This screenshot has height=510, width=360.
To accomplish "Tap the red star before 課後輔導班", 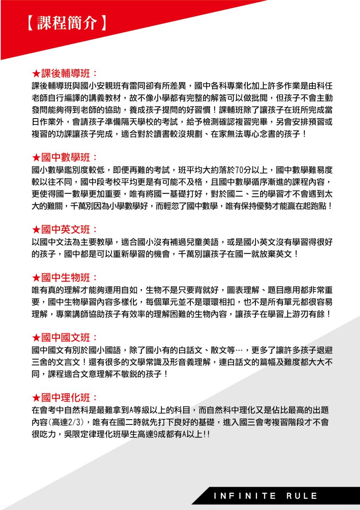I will coord(37,73).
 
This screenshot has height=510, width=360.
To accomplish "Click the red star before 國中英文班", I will coord(37,230).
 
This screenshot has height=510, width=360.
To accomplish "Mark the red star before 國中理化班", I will coord(37,398).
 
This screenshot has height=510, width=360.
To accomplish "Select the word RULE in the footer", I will coord(302,496).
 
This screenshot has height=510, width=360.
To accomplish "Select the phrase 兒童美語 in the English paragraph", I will coord(202,243).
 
